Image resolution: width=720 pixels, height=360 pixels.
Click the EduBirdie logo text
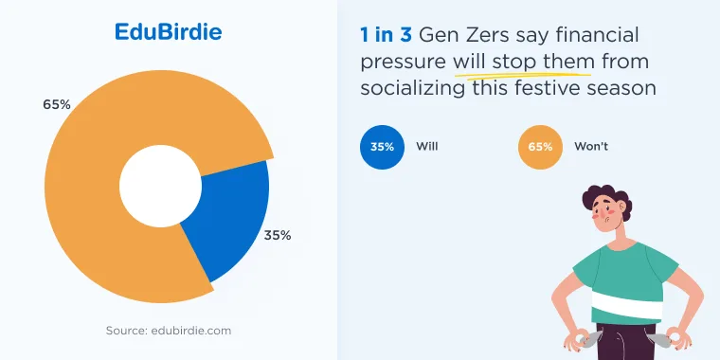(x=168, y=32)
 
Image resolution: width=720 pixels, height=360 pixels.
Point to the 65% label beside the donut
(x=57, y=105)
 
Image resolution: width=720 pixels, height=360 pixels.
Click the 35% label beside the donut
(x=278, y=236)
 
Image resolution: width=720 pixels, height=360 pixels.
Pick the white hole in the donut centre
(x=161, y=186)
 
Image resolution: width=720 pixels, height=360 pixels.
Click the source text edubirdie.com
(x=169, y=331)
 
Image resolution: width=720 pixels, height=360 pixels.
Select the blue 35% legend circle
(x=383, y=148)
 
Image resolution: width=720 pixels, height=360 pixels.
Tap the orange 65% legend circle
(x=540, y=148)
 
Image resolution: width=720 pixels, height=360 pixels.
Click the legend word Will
(x=427, y=147)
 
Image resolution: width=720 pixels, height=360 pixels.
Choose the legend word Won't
(x=591, y=147)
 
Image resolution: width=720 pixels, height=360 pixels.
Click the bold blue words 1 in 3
(x=386, y=36)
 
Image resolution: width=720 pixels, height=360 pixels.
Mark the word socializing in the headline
(x=412, y=88)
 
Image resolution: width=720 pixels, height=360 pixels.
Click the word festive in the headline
(x=545, y=87)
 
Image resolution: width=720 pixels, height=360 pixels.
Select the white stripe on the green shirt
(x=627, y=304)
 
